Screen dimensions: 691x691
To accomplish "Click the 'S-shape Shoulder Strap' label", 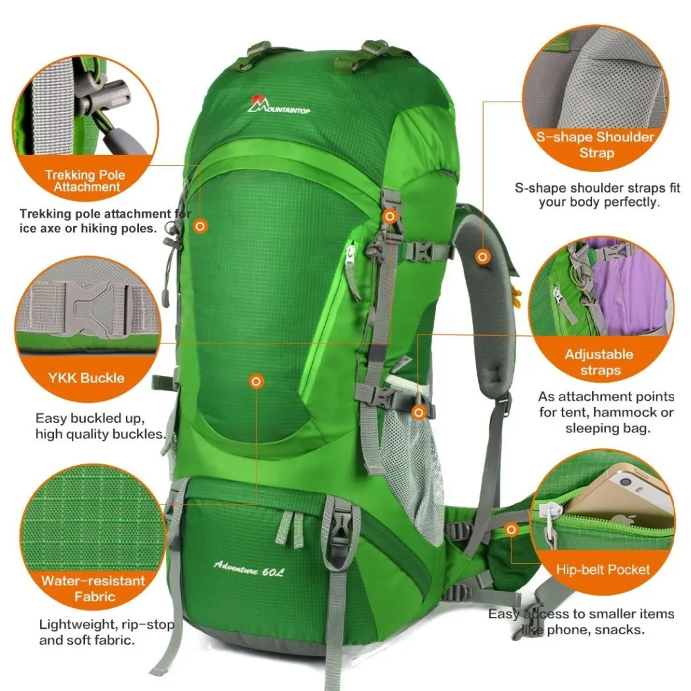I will (x=596, y=144).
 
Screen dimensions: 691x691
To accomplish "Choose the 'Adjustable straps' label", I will (x=598, y=362).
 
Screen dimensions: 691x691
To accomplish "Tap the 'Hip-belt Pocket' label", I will (x=603, y=570).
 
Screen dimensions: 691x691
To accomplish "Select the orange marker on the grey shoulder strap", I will (x=483, y=256).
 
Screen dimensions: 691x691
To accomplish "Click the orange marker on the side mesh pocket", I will (x=418, y=413).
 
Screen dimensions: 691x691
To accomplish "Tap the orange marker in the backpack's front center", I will (x=256, y=381).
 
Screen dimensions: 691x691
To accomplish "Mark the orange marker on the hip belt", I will (x=511, y=530).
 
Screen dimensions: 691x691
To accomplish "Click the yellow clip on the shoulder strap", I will (x=515, y=290).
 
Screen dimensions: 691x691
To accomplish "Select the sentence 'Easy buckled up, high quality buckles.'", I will (x=100, y=426).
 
